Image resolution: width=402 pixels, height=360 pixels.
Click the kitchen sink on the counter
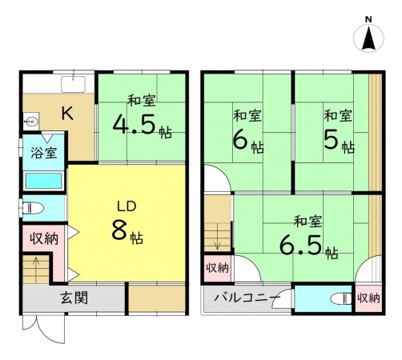tap(74, 83)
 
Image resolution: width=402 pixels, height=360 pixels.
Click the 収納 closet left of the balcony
tap(216, 268)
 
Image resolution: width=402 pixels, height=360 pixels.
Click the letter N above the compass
tap(368, 18)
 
